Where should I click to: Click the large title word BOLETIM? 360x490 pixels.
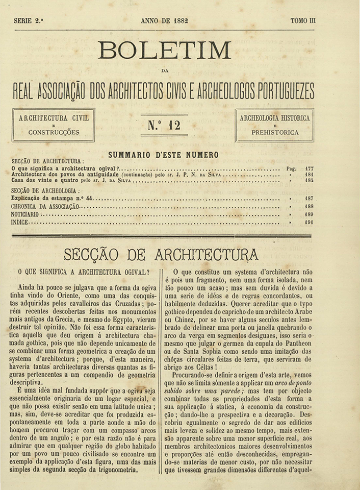coord(164,50)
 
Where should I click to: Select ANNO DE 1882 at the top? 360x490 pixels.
coord(165,21)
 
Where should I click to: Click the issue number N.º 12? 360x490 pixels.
coord(164,124)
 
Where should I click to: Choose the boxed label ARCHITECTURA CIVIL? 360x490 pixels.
coord(54,118)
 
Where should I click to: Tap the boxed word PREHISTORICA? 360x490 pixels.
coord(275,132)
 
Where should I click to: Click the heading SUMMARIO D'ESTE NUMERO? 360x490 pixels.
coord(163,155)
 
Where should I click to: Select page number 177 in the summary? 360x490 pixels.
coord(309,167)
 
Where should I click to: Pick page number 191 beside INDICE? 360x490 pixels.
coord(309,222)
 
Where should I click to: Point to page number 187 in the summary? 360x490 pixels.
coord(309,198)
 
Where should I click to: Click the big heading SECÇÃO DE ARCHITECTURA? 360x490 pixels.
coord(161,254)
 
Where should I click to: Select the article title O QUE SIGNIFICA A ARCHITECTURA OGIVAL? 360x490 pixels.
coord(84,272)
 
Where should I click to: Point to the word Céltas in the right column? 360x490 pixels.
coord(206,366)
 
